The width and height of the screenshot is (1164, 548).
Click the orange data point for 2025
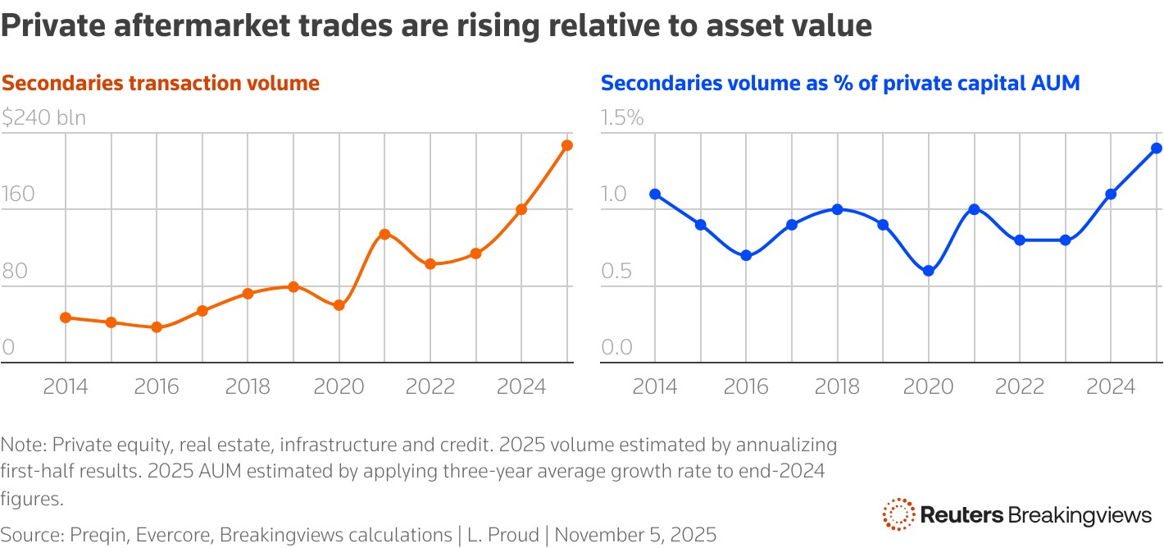tap(567, 145)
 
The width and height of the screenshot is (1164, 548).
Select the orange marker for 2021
tap(384, 234)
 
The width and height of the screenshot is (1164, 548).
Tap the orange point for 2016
tap(157, 327)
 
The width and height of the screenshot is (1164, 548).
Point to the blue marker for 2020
tap(929, 271)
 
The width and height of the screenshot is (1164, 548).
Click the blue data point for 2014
tap(655, 194)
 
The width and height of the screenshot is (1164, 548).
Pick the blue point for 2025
tap(1157, 148)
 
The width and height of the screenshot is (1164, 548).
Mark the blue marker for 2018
tap(837, 209)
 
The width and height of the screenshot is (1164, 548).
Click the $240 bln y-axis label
tap(43, 118)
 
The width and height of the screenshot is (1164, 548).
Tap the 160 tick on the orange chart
tap(19, 194)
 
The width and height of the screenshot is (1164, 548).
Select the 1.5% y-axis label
tap(622, 118)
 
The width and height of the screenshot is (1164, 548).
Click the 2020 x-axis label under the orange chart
tap(339, 386)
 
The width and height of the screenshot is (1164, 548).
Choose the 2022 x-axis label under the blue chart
tap(1020, 386)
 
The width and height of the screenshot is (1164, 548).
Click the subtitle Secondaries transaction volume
tap(161, 83)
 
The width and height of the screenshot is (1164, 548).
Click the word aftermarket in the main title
tap(196, 26)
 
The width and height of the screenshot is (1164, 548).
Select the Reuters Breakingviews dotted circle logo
tap(898, 514)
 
